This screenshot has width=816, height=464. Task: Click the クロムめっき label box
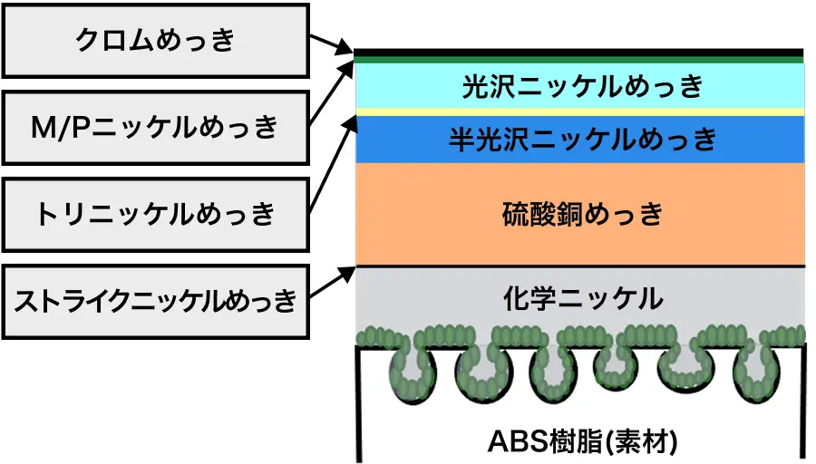tap(156, 41)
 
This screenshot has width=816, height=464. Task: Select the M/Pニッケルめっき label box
tap(156, 128)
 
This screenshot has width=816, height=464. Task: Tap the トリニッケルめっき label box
tap(156, 214)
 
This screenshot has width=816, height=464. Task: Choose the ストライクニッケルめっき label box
tap(156, 302)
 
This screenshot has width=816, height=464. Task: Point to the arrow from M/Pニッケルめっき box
tap(332, 93)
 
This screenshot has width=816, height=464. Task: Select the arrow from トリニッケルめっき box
tap(333, 164)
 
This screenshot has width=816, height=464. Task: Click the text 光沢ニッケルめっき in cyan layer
tap(583, 86)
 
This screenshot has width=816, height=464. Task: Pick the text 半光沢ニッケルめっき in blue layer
tap(583, 140)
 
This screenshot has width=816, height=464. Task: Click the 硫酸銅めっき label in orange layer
tap(583, 214)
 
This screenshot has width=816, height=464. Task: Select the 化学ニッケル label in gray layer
tap(583, 299)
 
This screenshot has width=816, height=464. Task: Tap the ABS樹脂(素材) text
tap(583, 441)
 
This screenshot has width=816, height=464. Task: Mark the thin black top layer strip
tap(578, 53)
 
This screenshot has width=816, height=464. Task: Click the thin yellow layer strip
tap(580, 111)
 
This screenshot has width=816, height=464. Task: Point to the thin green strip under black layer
tap(578, 60)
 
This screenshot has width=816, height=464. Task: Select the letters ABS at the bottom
tap(518, 441)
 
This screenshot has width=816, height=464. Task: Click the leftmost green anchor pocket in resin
tap(413, 375)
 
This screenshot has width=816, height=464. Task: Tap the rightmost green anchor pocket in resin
tap(757, 374)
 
